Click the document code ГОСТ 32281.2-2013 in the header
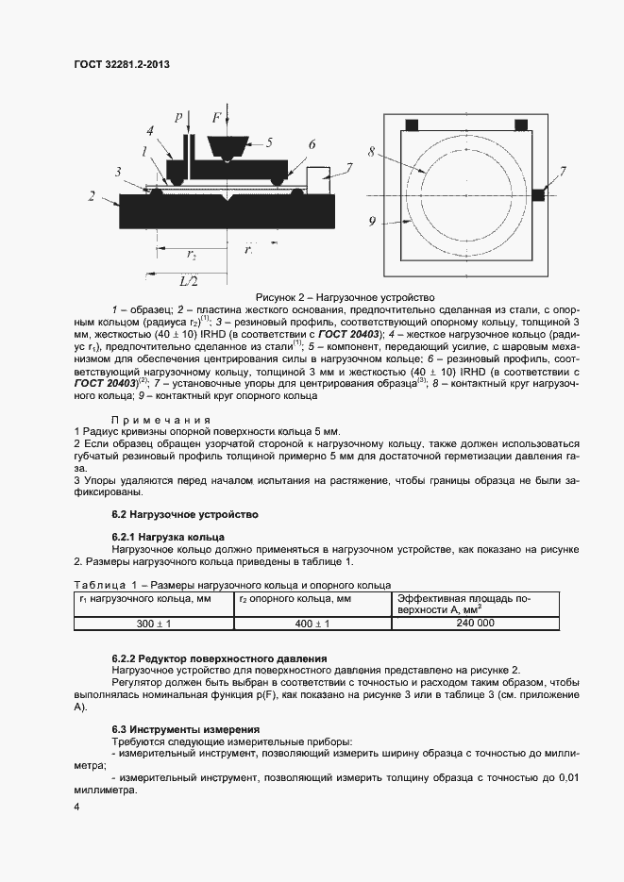coord(127,65)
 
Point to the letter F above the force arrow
coord(216,118)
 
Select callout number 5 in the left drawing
coord(269,143)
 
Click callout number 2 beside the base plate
coord(91,196)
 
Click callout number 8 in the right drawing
coord(372,151)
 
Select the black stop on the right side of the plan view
coord(538,194)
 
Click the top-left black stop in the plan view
coord(412,125)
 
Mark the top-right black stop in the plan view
coord(520,125)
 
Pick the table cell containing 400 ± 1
coord(312,624)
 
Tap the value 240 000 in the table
coord(475,623)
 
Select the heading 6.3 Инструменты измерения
coord(185,729)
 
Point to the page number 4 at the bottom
coord(77,807)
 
